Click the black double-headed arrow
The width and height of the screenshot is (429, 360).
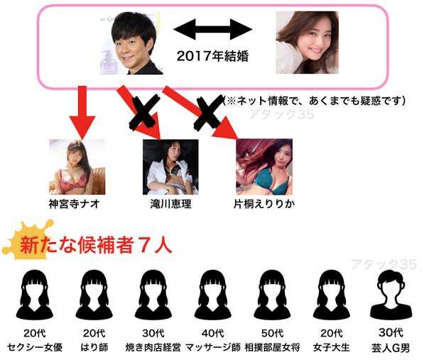213,29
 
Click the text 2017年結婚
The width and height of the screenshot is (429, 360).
212,56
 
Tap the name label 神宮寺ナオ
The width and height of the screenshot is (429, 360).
74,204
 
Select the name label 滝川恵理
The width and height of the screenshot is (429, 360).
170,204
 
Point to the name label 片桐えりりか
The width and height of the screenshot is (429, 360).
264,204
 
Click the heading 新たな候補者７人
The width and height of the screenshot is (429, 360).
96,245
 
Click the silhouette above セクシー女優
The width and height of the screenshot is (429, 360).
35,295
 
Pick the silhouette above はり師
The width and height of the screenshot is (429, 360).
94,295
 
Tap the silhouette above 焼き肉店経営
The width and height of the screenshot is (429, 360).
153,295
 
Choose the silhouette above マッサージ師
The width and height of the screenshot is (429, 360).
212,295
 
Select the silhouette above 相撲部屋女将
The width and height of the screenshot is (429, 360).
272,295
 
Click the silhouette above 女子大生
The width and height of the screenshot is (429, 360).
331,295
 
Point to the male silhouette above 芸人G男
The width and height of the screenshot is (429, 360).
391,295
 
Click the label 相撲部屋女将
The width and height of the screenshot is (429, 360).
272,347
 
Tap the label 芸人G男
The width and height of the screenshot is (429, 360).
391,348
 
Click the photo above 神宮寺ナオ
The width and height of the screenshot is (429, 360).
77,167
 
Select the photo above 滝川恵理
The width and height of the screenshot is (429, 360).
170,167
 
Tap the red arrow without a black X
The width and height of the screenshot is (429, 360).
82,112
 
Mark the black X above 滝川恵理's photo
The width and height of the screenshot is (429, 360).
144,112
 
